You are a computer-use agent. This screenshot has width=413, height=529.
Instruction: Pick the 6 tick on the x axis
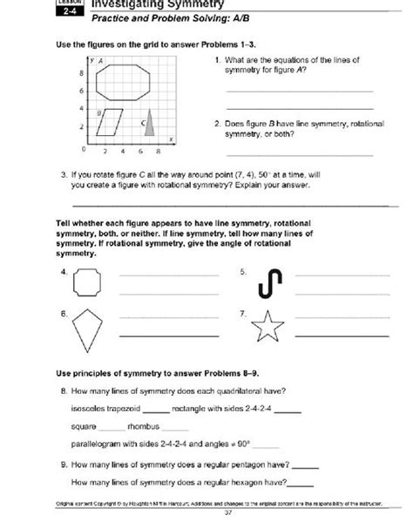coord(139,150)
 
